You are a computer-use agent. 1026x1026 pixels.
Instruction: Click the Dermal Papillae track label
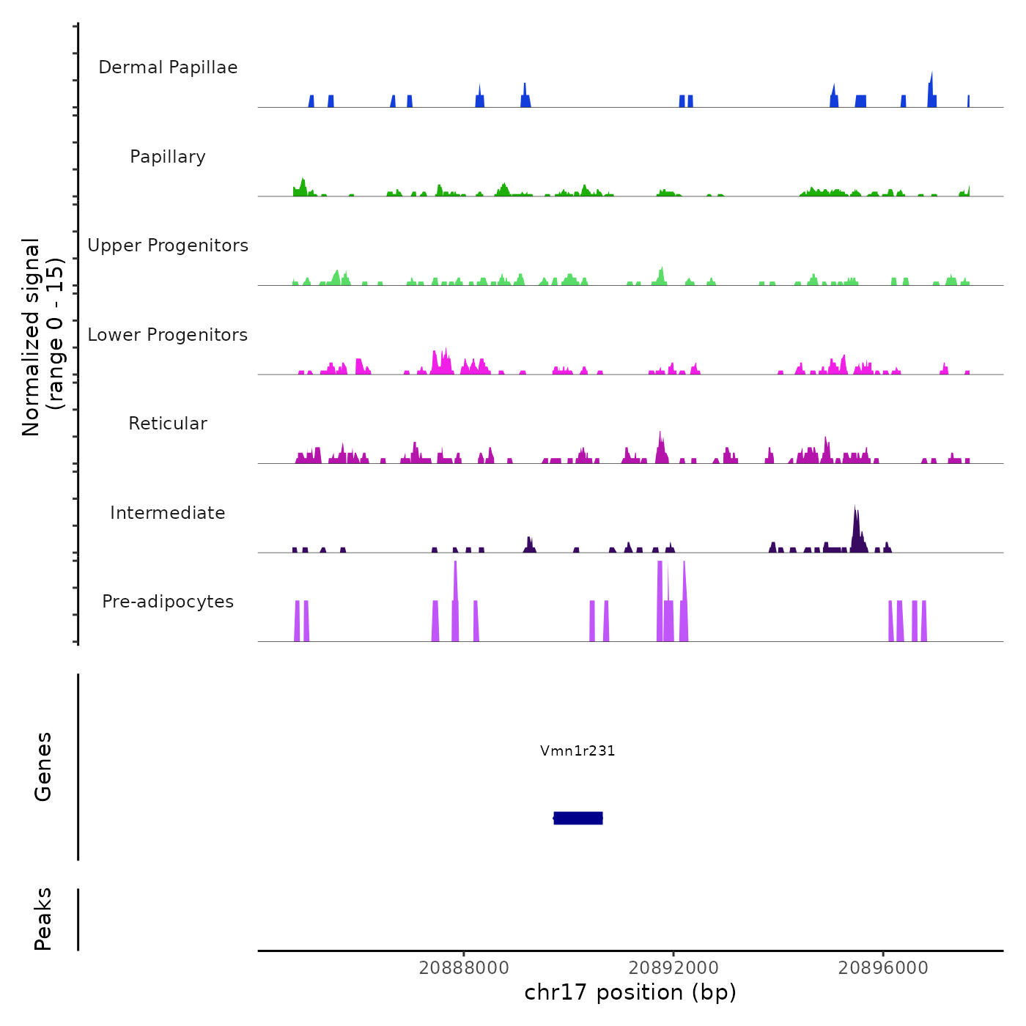tap(168, 67)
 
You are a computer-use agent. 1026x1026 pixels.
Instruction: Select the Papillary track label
tap(168, 157)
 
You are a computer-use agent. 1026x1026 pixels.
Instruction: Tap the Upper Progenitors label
tap(168, 246)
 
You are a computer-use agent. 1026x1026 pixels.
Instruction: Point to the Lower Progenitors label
tap(168, 335)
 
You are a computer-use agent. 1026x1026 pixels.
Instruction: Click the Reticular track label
tap(168, 424)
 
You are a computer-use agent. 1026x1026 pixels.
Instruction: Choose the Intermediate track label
tap(168, 513)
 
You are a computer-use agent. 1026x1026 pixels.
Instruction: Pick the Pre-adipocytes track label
tap(168, 602)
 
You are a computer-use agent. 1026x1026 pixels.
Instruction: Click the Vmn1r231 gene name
tap(577, 750)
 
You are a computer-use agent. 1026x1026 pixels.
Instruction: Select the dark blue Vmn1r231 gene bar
tap(578, 818)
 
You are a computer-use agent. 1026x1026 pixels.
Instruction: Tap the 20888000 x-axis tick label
tap(464, 968)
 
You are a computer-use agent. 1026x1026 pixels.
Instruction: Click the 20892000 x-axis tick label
tap(673, 968)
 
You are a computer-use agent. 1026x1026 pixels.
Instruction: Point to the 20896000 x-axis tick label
tap(883, 968)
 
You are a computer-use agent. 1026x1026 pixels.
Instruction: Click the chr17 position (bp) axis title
tap(630, 992)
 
